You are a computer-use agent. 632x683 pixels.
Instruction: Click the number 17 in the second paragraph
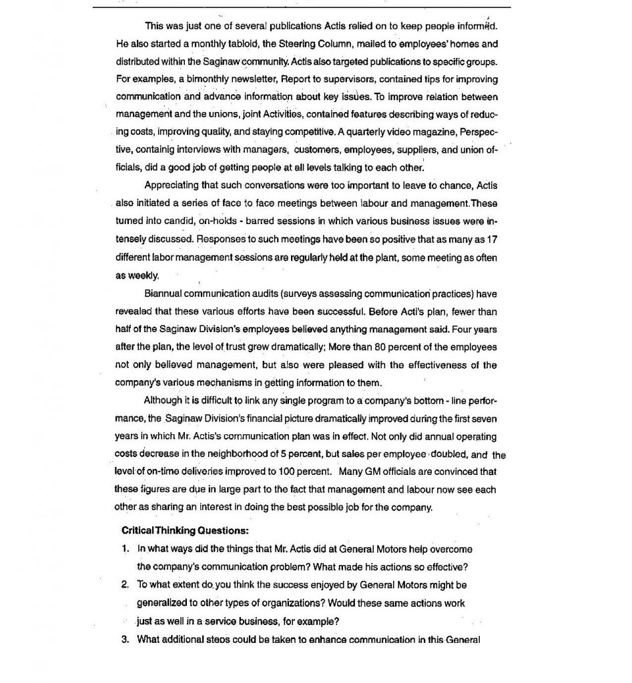click(x=492, y=239)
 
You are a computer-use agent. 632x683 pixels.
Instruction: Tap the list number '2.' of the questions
click(x=125, y=585)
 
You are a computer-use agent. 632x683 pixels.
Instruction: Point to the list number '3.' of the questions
click(x=125, y=640)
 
